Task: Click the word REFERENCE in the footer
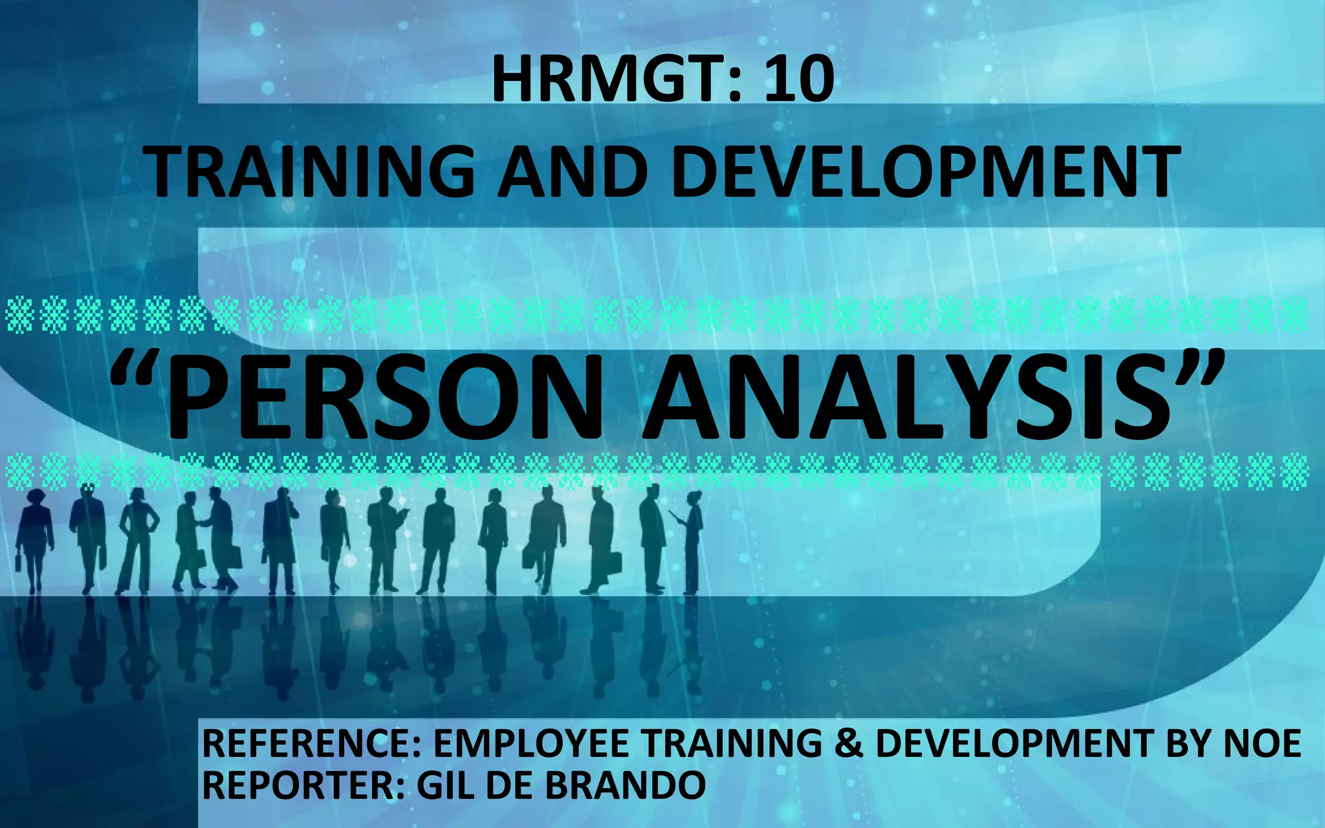coord(311,744)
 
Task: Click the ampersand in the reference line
coord(848,744)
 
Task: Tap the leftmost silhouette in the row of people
coord(34,540)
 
